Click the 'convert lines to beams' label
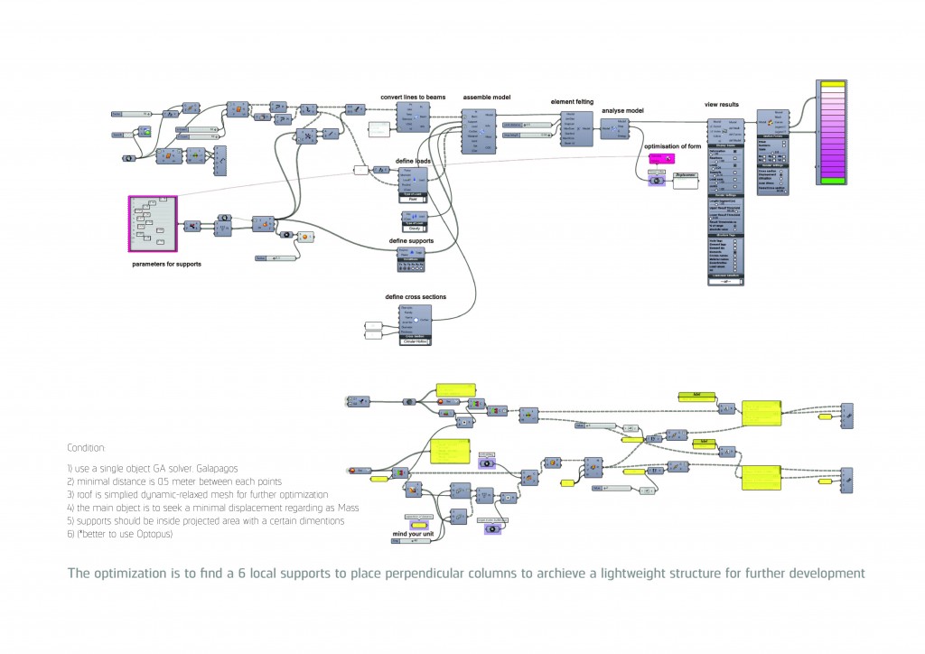412,97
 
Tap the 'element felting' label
572,103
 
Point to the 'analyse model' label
622,110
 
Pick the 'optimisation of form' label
673,145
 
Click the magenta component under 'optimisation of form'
659,158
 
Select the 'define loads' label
411,160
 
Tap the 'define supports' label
411,241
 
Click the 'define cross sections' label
416,296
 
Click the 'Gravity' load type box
411,229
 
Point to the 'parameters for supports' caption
166,263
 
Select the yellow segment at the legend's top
830,85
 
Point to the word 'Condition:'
86,447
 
